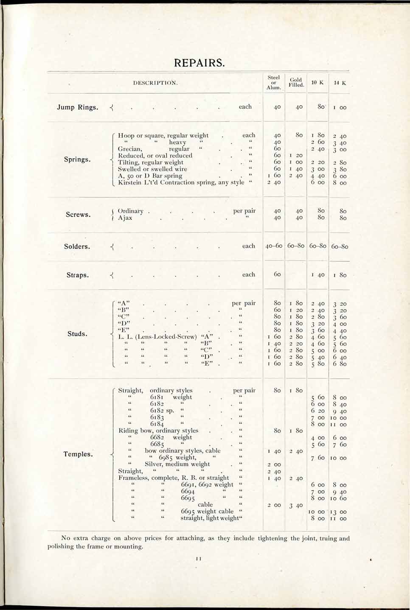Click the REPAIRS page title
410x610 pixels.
199,63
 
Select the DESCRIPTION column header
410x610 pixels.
155,83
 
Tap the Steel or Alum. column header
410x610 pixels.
274,83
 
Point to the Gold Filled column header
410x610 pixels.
296,82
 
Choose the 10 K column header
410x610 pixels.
317,82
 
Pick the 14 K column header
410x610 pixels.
340,83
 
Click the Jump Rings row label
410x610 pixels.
77,107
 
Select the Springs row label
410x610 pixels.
77,159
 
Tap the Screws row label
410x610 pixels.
78,214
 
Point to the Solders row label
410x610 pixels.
77,246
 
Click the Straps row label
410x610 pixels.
78,275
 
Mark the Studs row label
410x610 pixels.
77,334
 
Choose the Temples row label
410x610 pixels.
78,454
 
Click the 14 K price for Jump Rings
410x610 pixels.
340,108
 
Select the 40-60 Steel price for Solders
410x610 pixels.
274,246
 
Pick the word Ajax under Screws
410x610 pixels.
125,218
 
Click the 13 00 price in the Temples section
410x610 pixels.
340,512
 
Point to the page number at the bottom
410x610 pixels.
198,559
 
